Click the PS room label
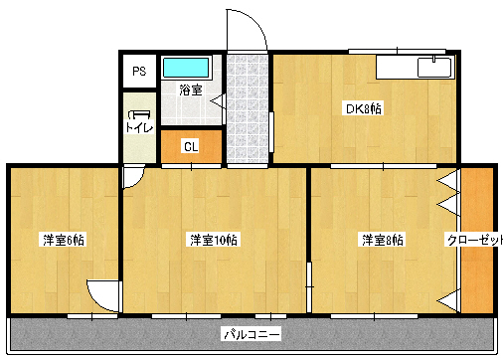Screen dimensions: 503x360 139,72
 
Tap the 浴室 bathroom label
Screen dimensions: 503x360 191,90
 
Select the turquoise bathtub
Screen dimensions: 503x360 186,68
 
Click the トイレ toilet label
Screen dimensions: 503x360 139,127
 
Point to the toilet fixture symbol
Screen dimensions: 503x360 139,114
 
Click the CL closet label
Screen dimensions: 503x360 191,146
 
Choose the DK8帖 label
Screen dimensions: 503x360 363,108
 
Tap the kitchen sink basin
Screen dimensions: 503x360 434,68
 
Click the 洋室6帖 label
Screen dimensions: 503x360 64,240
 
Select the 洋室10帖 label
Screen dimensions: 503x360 214,240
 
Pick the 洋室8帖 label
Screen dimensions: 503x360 383,240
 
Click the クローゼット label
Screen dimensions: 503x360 475,240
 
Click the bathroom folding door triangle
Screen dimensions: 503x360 218,100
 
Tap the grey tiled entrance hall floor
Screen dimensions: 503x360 248,108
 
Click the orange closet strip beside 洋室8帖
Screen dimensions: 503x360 477,240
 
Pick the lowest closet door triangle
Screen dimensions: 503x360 448,301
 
